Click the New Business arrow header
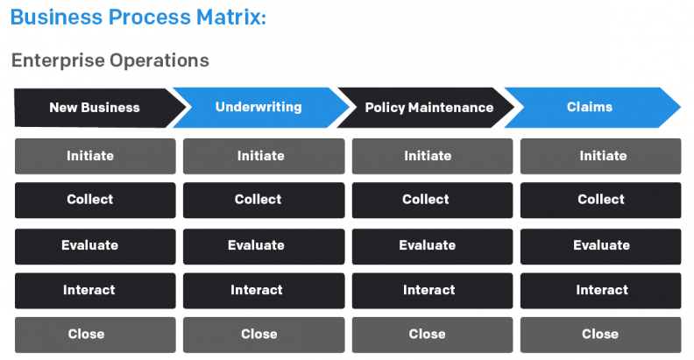click(x=95, y=108)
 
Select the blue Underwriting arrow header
click(x=258, y=107)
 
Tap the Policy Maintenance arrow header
click(x=428, y=108)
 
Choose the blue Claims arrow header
click(x=589, y=107)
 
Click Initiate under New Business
click(x=95, y=156)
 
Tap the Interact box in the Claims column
click(x=600, y=290)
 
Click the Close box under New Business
click(x=95, y=334)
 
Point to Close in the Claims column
click(x=600, y=334)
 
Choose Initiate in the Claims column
click(x=600, y=156)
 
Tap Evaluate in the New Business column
click(x=95, y=245)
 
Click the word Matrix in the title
click(x=226, y=17)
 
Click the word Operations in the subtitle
click(x=159, y=60)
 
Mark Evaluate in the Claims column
click(x=600, y=245)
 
